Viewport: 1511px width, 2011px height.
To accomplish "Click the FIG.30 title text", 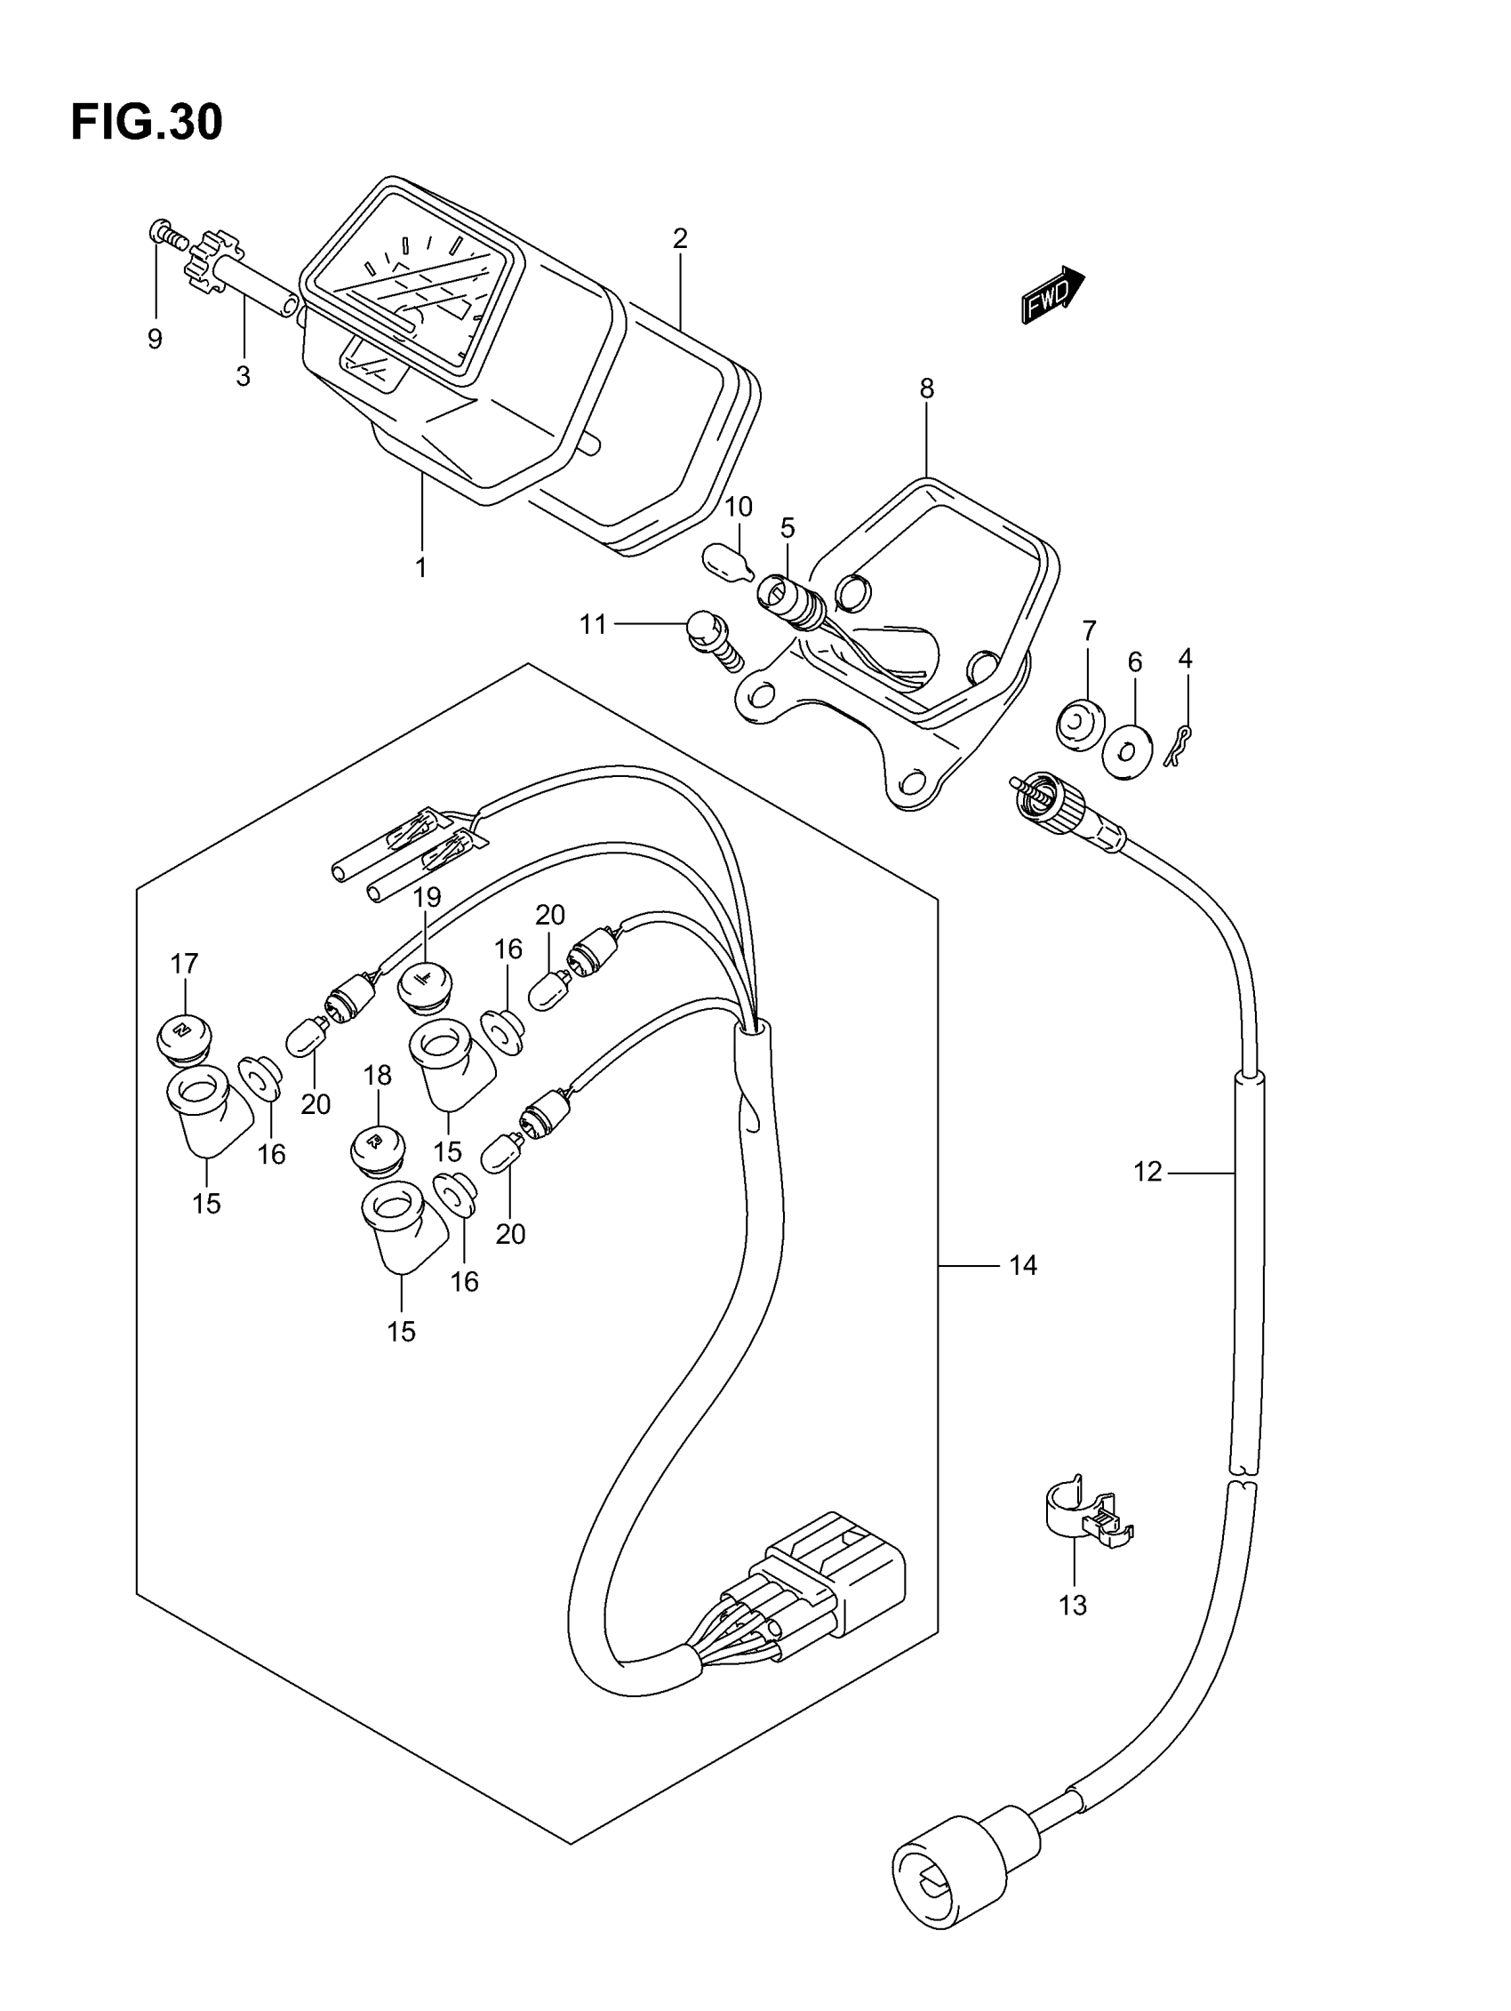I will click(147, 123).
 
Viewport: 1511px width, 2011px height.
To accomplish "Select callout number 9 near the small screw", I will click(155, 339).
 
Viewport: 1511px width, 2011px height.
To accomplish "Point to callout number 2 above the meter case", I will click(679, 239).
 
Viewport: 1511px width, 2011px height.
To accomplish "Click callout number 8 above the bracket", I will click(926, 389).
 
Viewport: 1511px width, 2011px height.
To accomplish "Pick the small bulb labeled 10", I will click(728, 560).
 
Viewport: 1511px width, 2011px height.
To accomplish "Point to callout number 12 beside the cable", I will click(1147, 1172).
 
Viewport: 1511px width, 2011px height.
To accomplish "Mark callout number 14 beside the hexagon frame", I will click(1023, 1264).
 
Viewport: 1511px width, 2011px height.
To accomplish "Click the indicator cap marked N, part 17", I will click(184, 1038).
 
